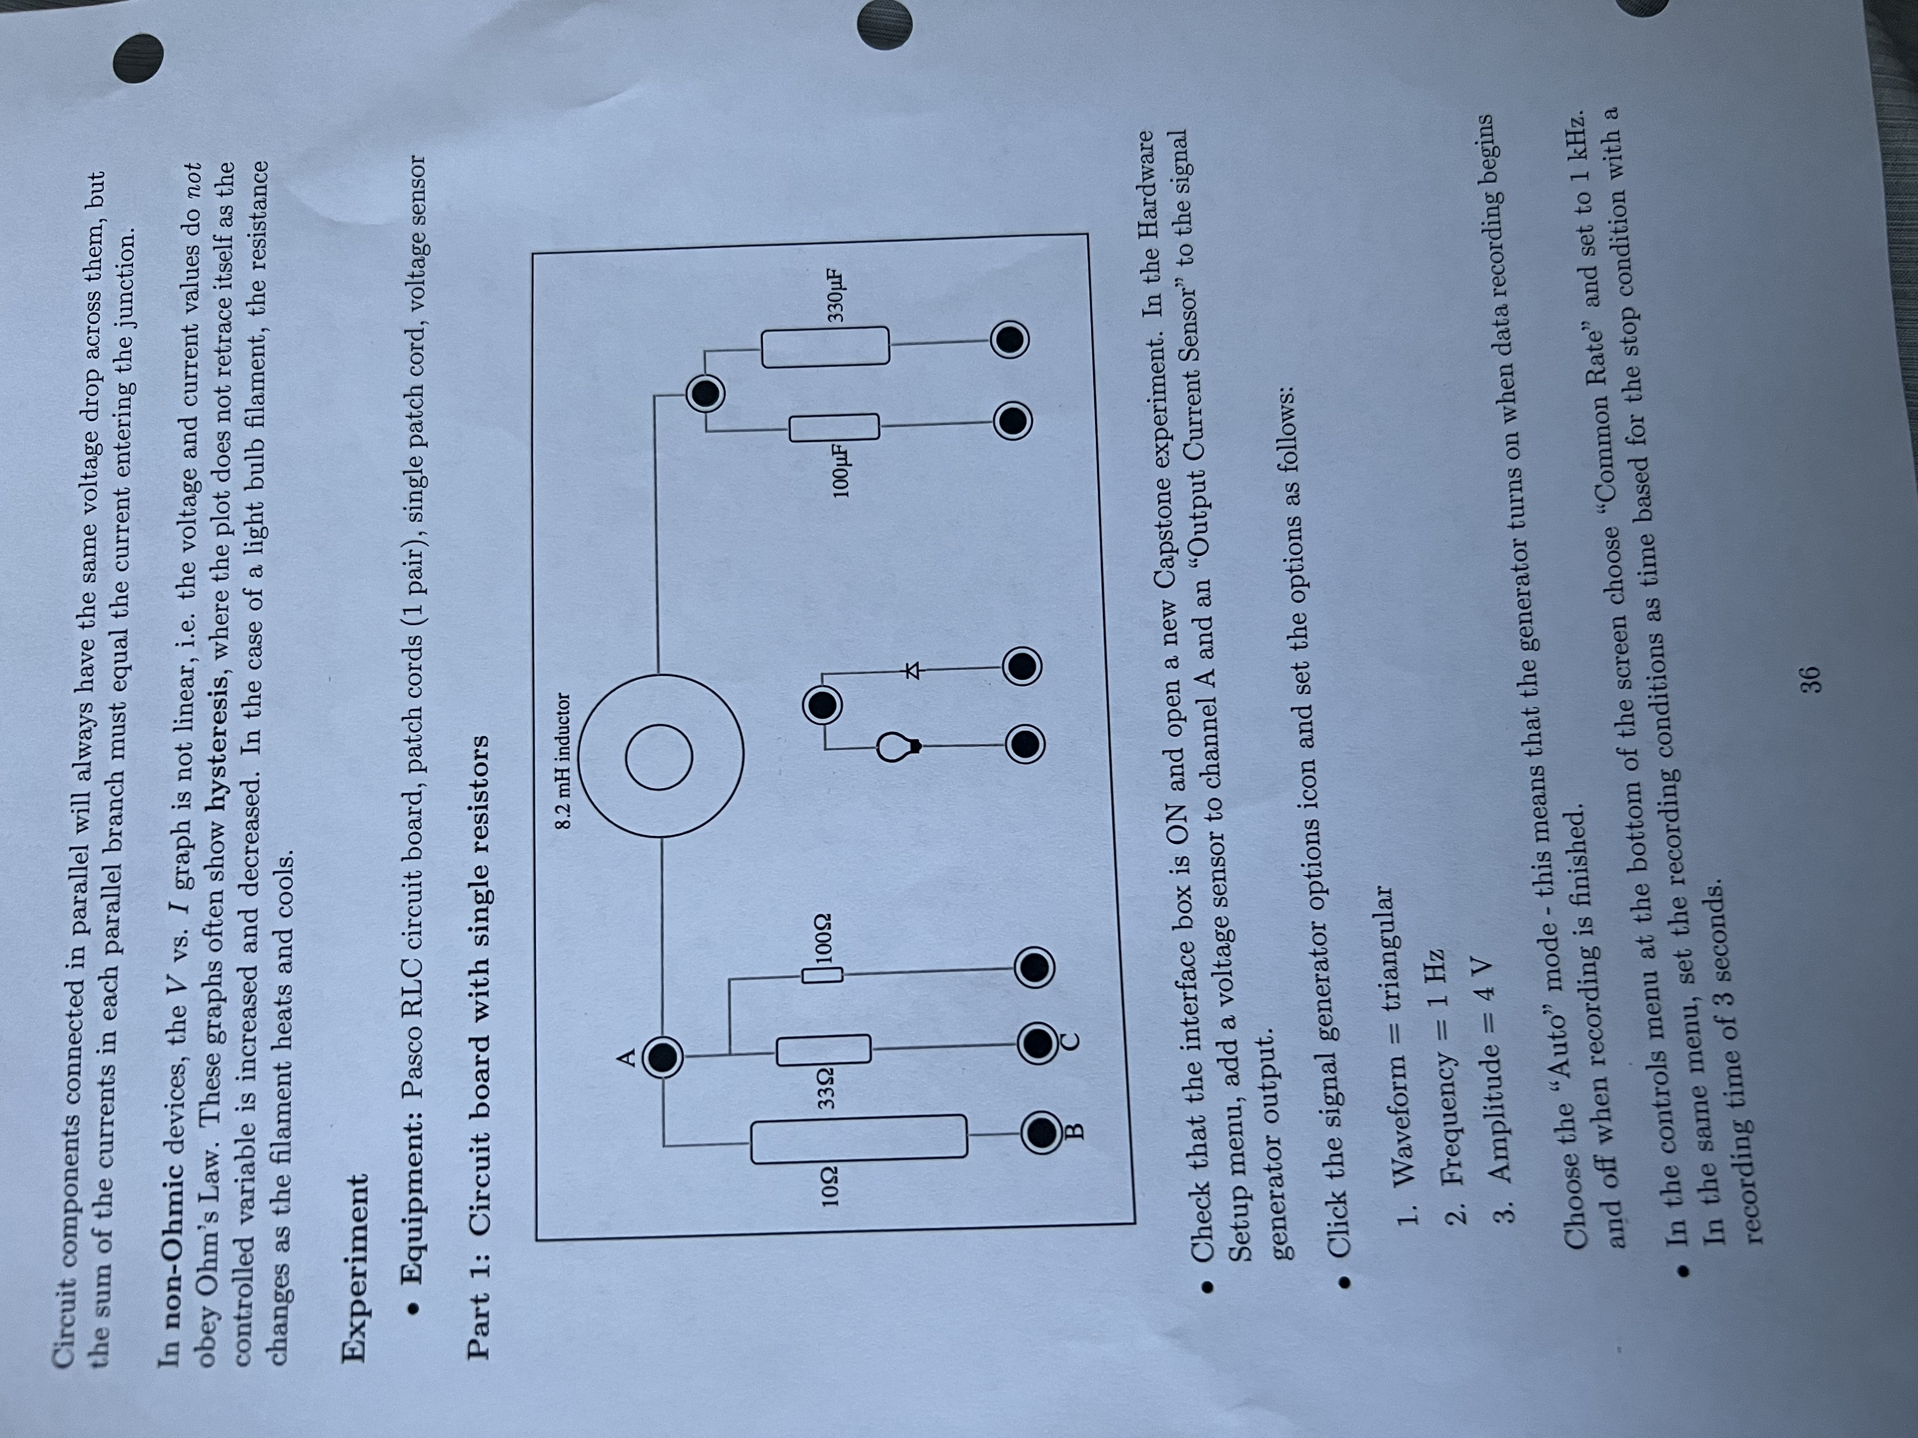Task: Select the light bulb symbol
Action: tap(898, 746)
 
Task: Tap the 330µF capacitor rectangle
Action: tap(825, 345)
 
